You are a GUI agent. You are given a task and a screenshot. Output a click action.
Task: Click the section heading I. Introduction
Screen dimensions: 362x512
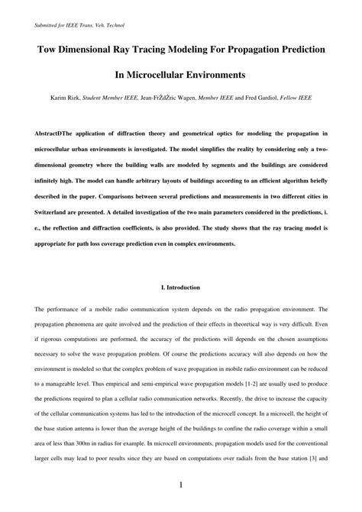181,288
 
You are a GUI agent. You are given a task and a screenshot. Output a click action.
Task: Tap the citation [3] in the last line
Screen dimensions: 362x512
312,459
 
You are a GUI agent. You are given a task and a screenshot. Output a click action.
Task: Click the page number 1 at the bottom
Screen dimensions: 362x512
181,486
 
